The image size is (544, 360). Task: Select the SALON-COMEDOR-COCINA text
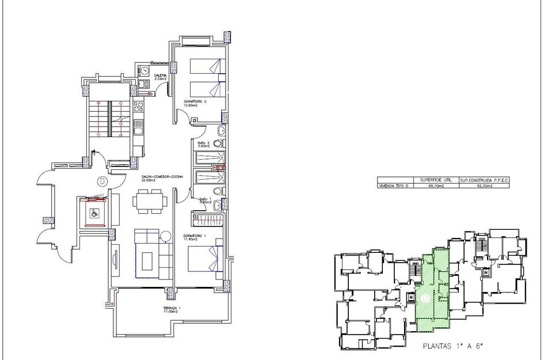pos(162,178)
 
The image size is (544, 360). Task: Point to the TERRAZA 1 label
pos(172,310)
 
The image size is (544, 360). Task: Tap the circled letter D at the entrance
pos(102,181)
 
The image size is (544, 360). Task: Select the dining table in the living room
pos(151,201)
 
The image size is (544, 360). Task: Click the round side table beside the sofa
pos(166,235)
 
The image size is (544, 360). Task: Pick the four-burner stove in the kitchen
pos(138,107)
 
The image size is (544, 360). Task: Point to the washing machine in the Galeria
pos(144,70)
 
